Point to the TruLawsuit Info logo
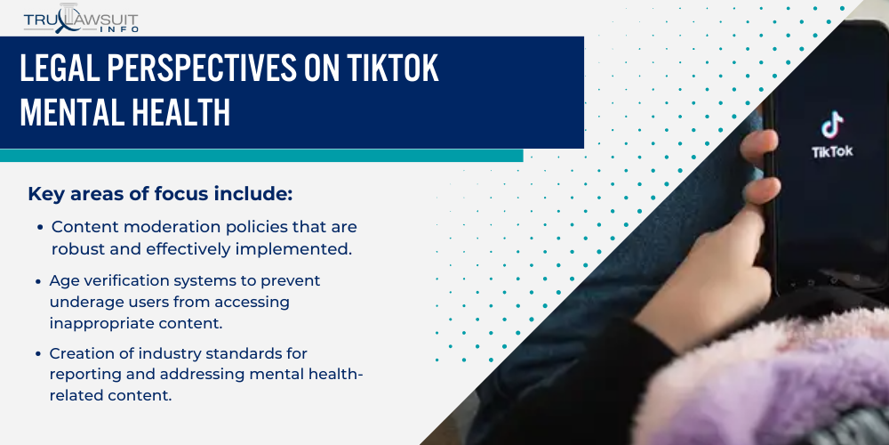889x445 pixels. click(80, 18)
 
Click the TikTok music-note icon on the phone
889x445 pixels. click(832, 125)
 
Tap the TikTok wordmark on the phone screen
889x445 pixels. click(832, 151)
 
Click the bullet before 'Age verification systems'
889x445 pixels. click(40, 280)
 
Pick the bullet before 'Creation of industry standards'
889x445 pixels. click(40, 353)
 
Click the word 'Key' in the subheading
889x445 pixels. click(45, 194)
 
